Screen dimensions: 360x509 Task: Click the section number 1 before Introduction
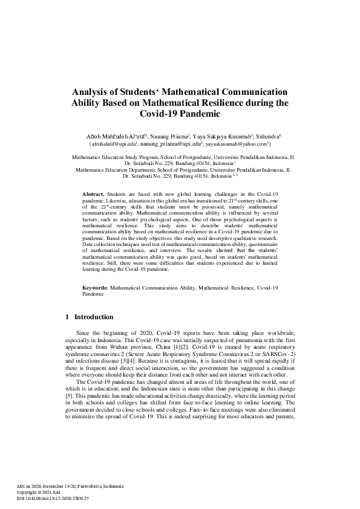pos(67,317)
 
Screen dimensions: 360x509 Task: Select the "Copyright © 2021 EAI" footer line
pos(35,493)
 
